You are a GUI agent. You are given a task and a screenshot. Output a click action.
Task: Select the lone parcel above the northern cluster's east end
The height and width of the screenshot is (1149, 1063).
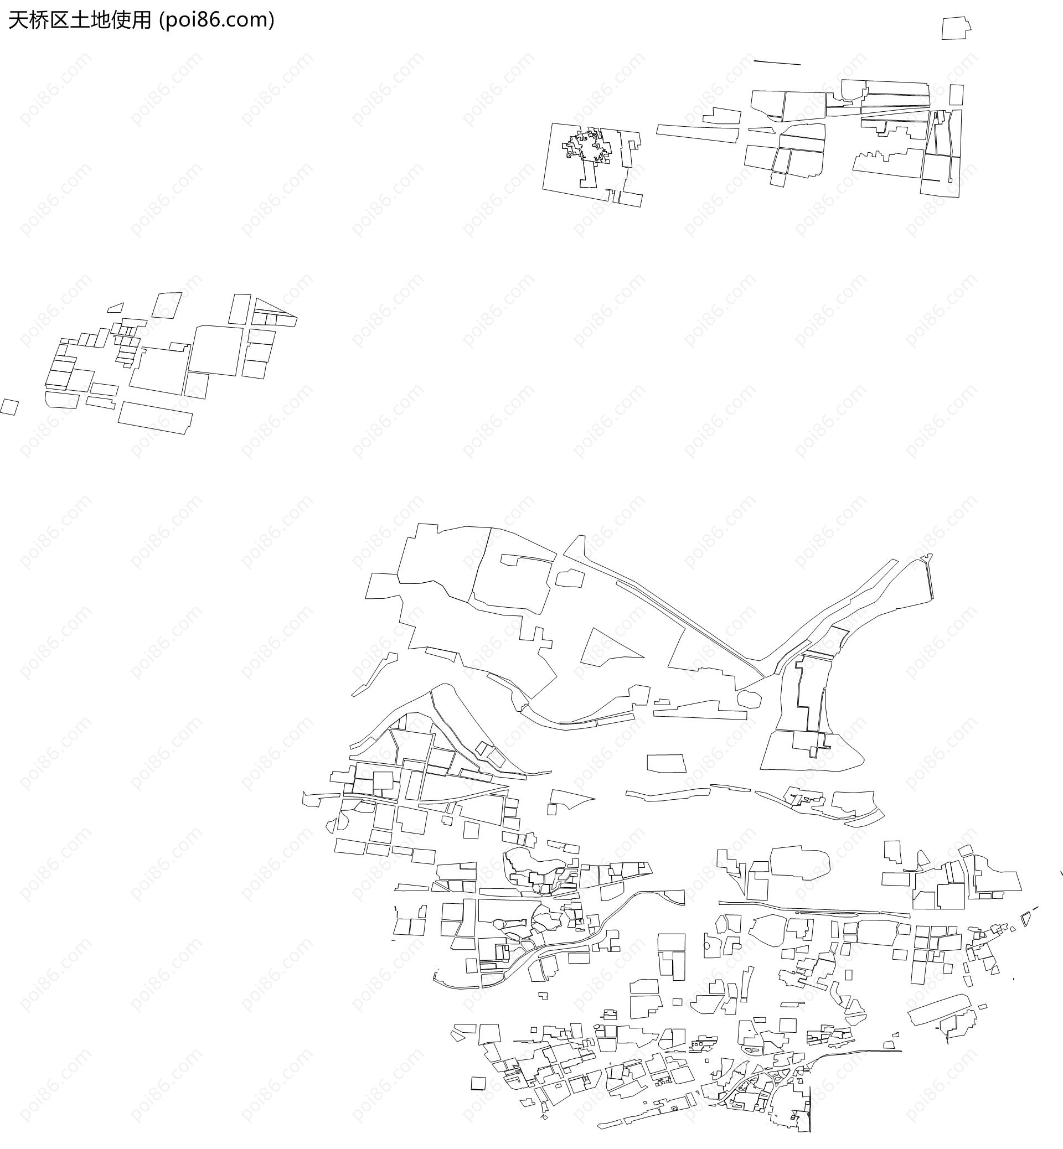click(x=956, y=28)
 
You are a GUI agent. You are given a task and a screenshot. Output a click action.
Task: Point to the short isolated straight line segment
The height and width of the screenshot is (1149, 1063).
click(x=777, y=62)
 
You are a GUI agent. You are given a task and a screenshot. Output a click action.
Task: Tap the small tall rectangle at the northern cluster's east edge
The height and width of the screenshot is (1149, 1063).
click(x=956, y=95)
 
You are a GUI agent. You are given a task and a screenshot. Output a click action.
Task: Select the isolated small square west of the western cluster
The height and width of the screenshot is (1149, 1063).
click(x=9, y=407)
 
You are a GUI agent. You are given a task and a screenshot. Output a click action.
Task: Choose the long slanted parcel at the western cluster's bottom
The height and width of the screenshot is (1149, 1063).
click(x=156, y=417)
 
